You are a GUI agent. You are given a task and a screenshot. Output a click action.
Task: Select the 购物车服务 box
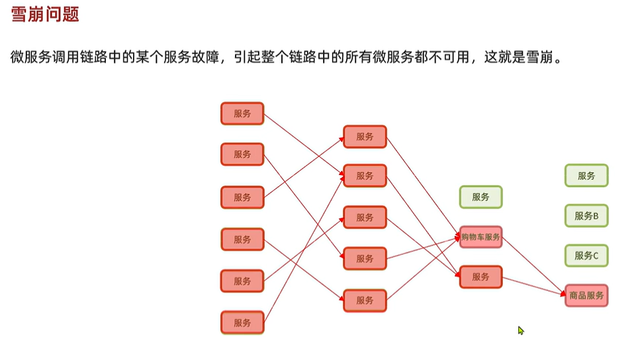tap(481, 237)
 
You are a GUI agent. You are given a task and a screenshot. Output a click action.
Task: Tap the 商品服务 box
tap(586, 295)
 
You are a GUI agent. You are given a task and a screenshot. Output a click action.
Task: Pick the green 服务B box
tap(586, 216)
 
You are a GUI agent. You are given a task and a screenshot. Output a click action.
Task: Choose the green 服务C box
tap(586, 255)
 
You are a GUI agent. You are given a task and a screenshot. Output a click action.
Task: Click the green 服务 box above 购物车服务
tap(481, 197)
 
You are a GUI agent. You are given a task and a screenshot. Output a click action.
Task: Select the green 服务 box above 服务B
tap(586, 176)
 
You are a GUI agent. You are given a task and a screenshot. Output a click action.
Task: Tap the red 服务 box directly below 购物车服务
tap(481, 277)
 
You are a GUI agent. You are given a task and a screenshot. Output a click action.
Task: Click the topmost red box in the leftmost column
tap(242, 113)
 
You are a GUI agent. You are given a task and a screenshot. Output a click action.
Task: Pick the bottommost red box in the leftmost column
tap(242, 323)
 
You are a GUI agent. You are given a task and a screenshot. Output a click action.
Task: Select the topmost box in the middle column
tap(365, 137)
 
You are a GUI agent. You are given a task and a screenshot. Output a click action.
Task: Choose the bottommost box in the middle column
tap(365, 300)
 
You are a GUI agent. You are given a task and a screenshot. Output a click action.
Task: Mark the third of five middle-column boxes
tap(365, 218)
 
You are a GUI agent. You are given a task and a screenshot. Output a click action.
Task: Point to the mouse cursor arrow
tap(520, 330)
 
